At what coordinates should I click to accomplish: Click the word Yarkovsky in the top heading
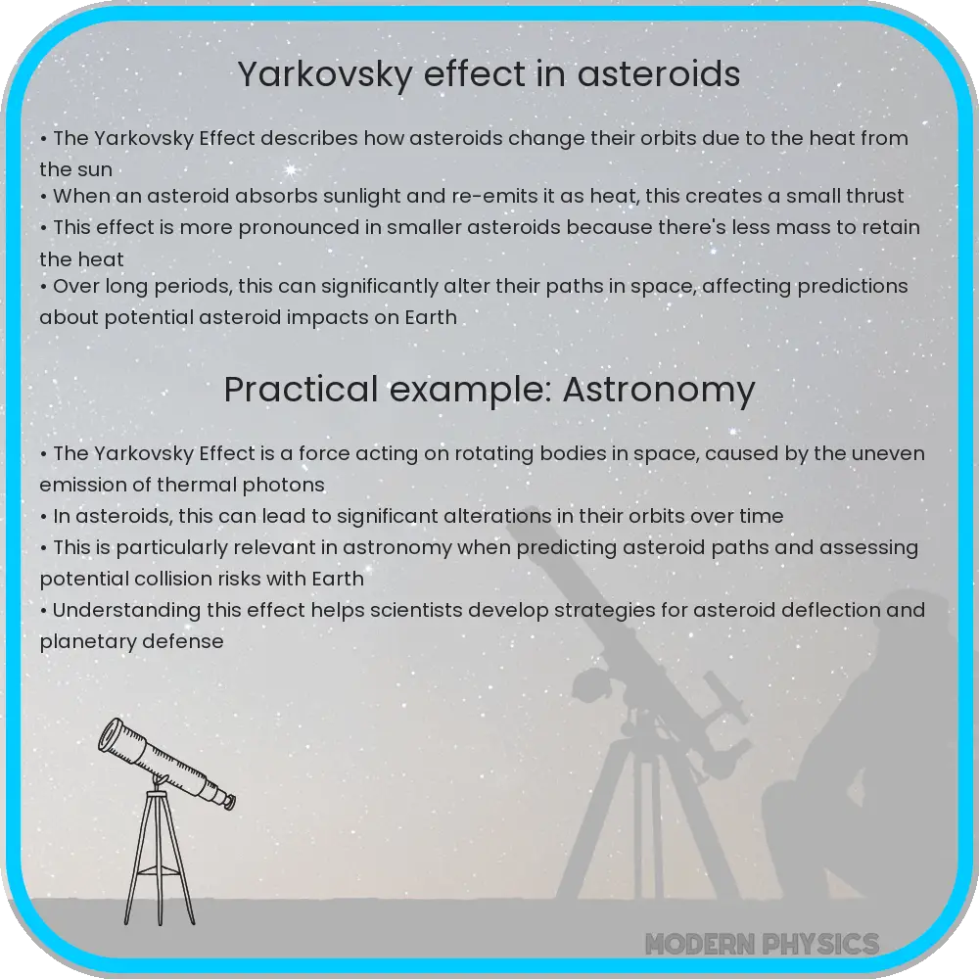pos(325,75)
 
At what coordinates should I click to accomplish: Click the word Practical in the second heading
pos(301,390)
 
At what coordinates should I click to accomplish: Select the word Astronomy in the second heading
pos(659,391)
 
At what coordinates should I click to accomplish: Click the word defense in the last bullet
pos(186,641)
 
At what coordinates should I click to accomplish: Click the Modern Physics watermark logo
pos(763,944)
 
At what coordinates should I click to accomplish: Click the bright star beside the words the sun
pos(290,169)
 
